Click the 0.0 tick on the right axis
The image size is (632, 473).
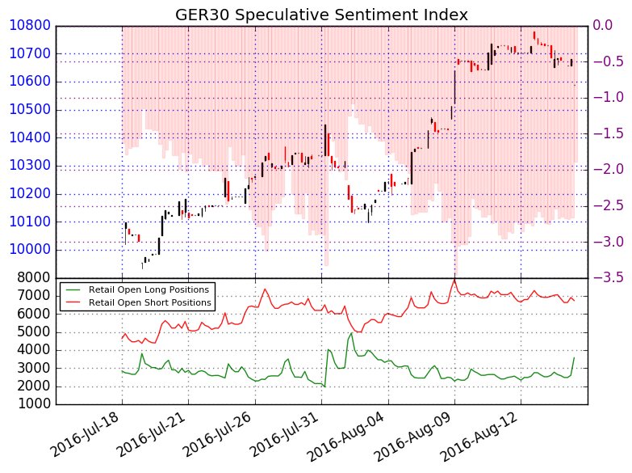[604, 26]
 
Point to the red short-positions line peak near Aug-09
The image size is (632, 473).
[454, 280]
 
